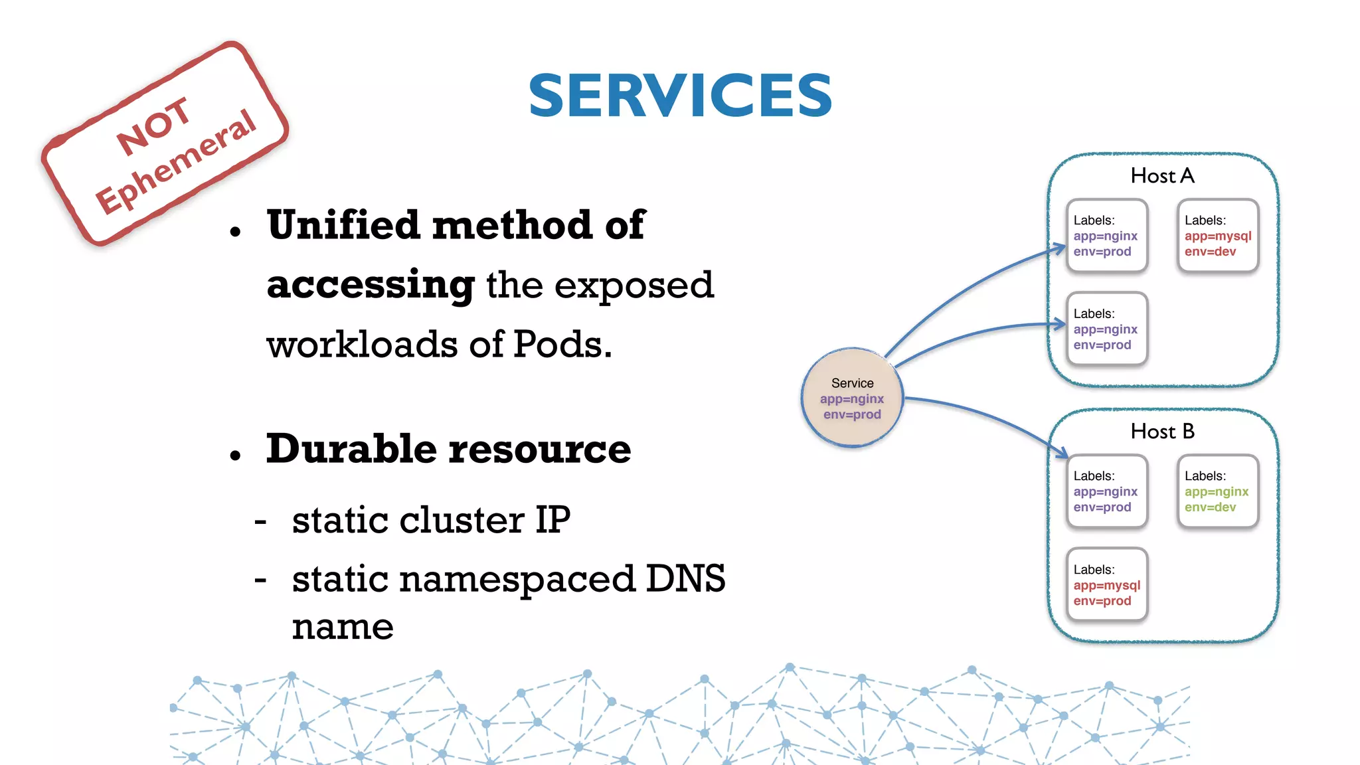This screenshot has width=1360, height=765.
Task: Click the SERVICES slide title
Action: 680,96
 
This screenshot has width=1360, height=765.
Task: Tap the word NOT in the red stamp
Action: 154,126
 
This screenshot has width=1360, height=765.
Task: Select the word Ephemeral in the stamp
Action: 175,162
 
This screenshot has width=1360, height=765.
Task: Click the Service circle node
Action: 852,398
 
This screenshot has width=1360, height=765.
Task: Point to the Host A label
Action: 1162,176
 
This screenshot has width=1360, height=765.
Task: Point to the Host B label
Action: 1162,432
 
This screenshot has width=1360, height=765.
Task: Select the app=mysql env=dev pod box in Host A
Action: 1217,236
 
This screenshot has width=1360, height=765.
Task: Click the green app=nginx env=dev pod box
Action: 1217,491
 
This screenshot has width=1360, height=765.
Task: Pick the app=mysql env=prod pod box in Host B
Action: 1106,585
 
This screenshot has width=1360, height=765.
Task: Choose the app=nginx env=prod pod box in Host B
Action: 1106,491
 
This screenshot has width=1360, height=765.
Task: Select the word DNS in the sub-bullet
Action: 685,579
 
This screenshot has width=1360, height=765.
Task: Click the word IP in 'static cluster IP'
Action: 552,520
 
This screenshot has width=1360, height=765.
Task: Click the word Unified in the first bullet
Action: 344,225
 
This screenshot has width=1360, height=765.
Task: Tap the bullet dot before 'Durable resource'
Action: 235,456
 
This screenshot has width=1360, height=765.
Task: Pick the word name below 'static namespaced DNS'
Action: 343,626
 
